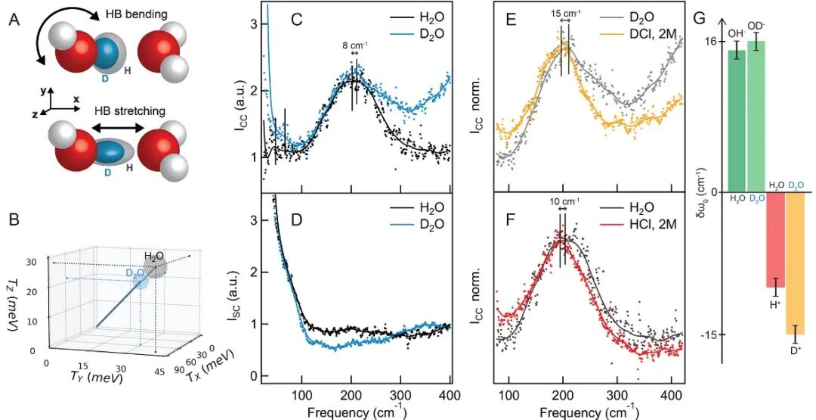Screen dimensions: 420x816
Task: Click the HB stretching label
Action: coord(129,111)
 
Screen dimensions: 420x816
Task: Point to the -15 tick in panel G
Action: coord(709,334)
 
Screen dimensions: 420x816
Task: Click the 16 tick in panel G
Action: coord(710,42)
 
